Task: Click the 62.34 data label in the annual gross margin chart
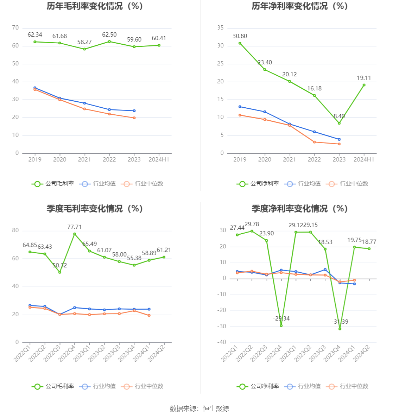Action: point(35,34)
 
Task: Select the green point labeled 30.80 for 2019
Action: point(240,43)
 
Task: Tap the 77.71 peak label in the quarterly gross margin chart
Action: point(74,227)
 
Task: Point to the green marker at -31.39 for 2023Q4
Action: point(340,329)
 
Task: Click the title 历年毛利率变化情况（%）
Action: point(95,6)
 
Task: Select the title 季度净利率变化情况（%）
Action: point(299,209)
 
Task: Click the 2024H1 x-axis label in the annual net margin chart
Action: point(364,159)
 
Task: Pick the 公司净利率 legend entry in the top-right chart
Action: point(258,184)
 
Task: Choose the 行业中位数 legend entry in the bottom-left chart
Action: point(142,386)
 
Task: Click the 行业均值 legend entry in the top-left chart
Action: point(98,184)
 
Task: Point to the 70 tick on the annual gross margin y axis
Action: point(15,28)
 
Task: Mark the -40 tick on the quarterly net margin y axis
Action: point(222,342)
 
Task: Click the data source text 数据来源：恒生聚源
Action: point(199,408)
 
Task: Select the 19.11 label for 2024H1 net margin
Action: point(364,78)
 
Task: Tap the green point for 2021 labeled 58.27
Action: point(84,49)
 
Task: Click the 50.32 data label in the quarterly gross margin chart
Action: point(60,265)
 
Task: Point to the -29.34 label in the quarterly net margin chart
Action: point(281,318)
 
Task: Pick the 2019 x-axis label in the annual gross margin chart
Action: point(35,159)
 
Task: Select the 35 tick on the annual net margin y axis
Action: point(220,28)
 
